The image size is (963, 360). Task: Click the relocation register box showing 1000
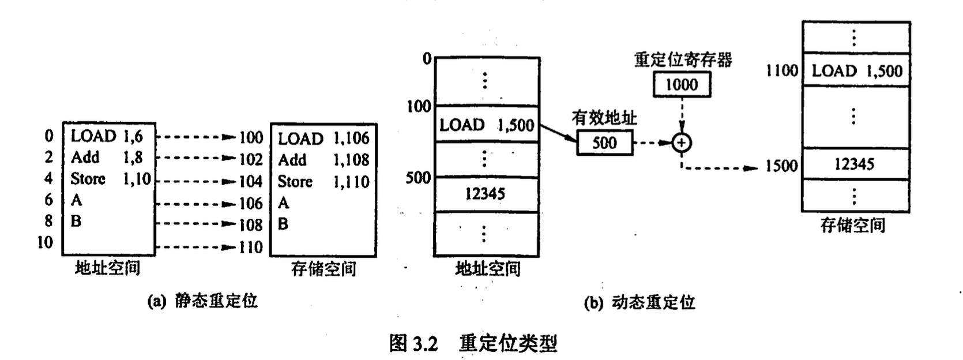point(682,85)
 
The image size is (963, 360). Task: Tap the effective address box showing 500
point(604,142)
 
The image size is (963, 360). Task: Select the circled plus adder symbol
point(682,142)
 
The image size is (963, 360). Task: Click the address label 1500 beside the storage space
point(781,166)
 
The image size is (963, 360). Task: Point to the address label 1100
point(781,71)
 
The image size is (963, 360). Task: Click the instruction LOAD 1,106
point(323,138)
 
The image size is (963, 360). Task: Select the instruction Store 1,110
point(323,182)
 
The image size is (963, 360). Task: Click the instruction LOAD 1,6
point(107,136)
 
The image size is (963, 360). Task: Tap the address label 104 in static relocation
point(251,182)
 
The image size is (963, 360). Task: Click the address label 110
point(251,247)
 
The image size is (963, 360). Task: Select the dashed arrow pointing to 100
point(196,137)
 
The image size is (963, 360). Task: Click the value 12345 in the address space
point(485,194)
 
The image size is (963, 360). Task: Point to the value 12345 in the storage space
point(855,164)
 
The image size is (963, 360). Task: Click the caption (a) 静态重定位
point(202,301)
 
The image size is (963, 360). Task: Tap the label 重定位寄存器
point(683,59)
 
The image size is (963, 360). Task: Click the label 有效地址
point(604,118)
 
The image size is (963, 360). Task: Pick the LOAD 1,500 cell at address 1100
point(857,71)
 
